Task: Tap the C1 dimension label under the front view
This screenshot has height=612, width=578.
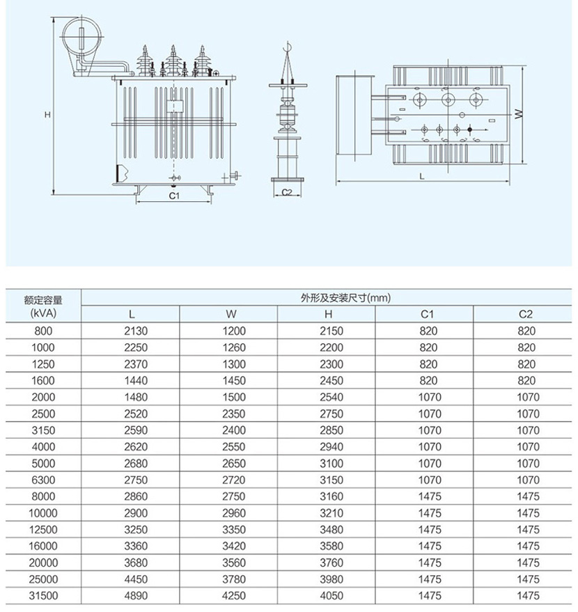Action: [x=174, y=196]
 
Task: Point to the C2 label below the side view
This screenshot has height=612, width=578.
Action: [x=286, y=192]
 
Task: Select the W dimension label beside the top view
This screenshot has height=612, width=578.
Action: [x=518, y=115]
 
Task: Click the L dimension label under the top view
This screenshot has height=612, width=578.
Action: [x=422, y=176]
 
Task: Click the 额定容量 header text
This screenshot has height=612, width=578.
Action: [x=43, y=301]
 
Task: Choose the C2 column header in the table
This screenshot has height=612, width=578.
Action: [x=526, y=315]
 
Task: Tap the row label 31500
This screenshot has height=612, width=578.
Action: [x=43, y=595]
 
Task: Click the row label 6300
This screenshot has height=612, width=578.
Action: [x=43, y=480]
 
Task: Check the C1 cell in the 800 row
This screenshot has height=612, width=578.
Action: [x=429, y=331]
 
